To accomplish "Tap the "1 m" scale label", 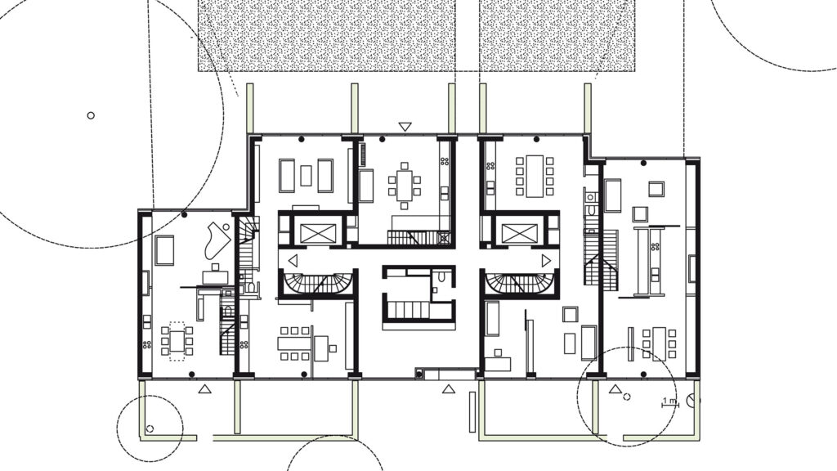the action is click(669, 401).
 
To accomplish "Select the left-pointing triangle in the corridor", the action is click(293, 261).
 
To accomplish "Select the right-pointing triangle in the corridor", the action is click(545, 261).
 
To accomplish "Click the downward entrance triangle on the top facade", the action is click(405, 127).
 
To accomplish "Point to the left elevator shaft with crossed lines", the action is click(318, 233).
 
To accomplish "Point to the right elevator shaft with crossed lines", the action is click(519, 233).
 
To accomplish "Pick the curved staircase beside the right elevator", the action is click(520, 284).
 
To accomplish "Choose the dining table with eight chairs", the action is click(535, 177).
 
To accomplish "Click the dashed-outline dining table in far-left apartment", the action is click(177, 341).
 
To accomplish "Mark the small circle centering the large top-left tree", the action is click(91, 115).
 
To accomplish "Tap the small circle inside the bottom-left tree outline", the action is click(150, 428).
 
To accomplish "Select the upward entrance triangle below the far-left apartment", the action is click(204, 389).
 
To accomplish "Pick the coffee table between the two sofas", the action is click(306, 176).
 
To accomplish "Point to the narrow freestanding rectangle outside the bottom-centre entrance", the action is click(472, 412).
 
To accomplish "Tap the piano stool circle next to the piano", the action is click(226, 227).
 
